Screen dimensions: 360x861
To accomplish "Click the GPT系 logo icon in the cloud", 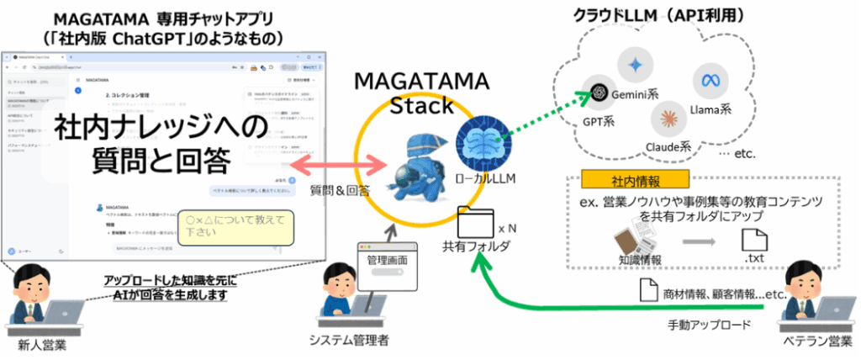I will [599, 92].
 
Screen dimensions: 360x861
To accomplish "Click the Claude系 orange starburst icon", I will [669, 118].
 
